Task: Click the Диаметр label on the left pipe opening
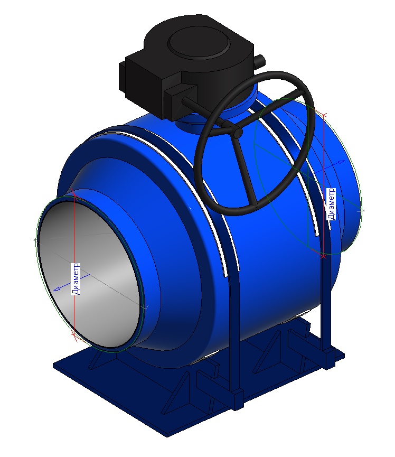click(76, 279)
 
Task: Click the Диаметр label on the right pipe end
click(331, 204)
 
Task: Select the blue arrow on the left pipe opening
click(71, 282)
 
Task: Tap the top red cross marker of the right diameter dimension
click(324, 114)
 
